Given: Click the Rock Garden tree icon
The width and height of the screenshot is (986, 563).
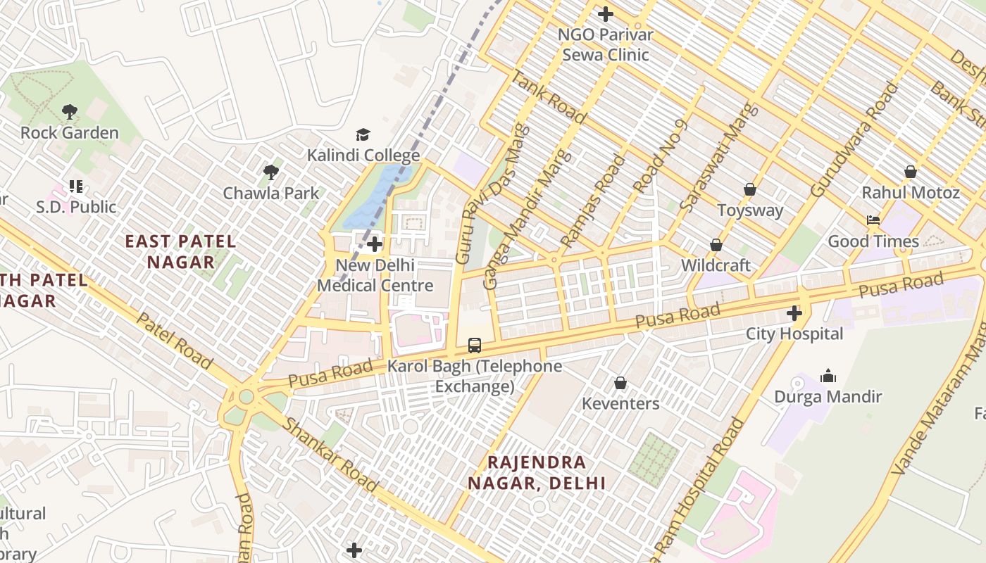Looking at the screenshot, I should (x=69, y=111).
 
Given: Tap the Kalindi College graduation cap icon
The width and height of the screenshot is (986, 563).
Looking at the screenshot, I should (x=363, y=134).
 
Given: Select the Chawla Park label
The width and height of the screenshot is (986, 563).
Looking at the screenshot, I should (x=270, y=193).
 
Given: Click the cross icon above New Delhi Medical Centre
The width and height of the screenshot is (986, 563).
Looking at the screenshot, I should (x=375, y=245).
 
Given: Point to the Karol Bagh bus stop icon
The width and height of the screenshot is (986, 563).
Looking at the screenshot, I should (x=475, y=346).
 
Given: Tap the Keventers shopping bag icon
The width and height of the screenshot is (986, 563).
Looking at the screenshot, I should (x=620, y=383).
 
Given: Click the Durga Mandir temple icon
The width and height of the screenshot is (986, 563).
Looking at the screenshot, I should (x=828, y=376).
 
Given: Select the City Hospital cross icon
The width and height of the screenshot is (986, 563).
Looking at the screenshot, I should (x=794, y=312).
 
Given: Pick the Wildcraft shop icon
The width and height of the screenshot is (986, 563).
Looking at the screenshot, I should (x=716, y=245).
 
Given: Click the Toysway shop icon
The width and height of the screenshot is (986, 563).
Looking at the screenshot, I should (x=750, y=189).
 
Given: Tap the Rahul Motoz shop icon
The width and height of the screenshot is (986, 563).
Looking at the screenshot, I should (x=911, y=172).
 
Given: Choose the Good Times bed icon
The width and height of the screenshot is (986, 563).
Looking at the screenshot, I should (x=873, y=220).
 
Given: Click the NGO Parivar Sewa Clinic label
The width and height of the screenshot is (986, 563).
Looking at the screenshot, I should (x=605, y=44).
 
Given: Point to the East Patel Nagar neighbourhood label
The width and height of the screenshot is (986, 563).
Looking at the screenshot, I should (x=180, y=252).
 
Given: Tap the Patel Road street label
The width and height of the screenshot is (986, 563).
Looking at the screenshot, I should (x=173, y=341).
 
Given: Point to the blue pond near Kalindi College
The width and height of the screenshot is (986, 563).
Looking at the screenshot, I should (x=373, y=197).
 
